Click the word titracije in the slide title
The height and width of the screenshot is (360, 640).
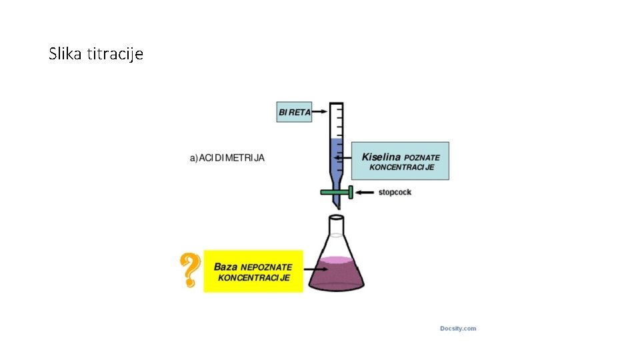(x=114, y=53)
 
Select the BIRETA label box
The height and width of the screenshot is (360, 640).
(x=294, y=112)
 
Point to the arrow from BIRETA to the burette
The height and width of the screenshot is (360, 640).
(x=321, y=111)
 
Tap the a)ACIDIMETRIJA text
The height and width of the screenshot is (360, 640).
(x=227, y=158)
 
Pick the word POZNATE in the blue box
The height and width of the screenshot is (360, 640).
(x=422, y=157)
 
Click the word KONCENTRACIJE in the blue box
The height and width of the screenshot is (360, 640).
(x=402, y=167)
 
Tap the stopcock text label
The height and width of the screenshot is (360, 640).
(x=395, y=192)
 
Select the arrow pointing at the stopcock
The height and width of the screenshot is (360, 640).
(x=365, y=192)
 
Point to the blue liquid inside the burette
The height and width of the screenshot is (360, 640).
(x=337, y=160)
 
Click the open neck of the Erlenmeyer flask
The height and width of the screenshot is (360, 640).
(x=336, y=219)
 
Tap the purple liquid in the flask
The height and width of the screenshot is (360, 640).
(x=336, y=275)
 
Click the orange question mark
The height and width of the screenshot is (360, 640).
(x=190, y=269)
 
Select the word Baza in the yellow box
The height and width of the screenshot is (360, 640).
(x=226, y=267)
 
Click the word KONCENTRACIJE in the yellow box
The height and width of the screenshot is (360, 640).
(x=254, y=277)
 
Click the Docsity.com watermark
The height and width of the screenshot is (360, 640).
(x=458, y=328)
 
